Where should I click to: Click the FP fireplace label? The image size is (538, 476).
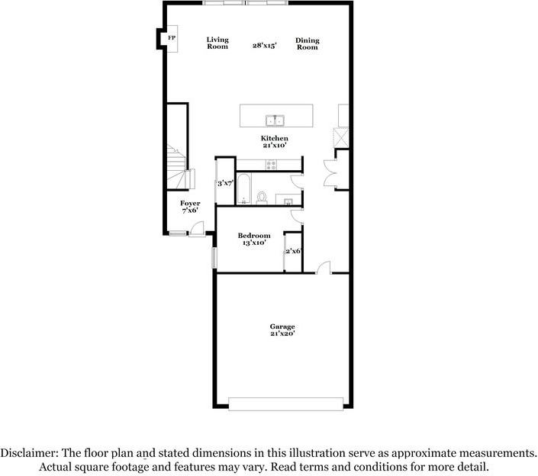172,37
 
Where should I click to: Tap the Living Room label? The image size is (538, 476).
217,43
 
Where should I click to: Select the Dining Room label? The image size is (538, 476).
308,44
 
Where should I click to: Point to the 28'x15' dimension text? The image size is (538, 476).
265,45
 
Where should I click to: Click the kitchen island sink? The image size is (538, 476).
275,121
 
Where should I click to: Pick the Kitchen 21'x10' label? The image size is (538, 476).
274,142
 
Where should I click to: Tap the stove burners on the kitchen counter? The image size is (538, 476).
272,165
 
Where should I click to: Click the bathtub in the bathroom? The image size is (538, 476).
243,188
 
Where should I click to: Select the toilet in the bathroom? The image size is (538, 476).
262,198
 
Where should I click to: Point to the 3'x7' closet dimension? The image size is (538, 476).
225,184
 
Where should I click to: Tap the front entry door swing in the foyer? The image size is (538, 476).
197,229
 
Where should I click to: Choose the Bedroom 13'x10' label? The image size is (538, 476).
254,240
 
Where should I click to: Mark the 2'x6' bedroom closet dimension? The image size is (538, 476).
293,252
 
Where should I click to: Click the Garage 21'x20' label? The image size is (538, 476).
282,330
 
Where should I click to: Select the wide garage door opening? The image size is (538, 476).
286,404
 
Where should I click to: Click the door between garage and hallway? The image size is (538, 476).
324,268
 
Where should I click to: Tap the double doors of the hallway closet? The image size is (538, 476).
330,173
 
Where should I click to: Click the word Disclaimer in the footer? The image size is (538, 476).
29,453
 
